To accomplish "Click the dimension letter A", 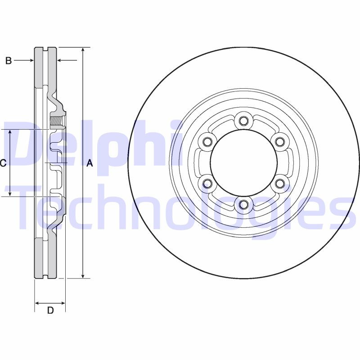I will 90,164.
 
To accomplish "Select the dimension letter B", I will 8,61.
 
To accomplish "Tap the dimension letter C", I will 3,163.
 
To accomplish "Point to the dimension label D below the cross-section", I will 50,310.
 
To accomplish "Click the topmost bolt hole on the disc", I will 243,121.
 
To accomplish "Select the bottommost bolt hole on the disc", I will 243,205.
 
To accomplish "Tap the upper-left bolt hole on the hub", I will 207,142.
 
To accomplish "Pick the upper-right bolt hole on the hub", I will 280,142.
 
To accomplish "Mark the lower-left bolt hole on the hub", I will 207,183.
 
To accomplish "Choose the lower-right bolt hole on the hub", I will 280,183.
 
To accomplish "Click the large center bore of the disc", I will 243,162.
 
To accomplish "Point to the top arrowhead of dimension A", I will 83,49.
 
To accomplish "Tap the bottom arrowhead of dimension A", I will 83,275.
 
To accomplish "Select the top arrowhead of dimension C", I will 10,132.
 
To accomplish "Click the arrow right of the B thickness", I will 60,60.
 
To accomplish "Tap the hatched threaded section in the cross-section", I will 57,121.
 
